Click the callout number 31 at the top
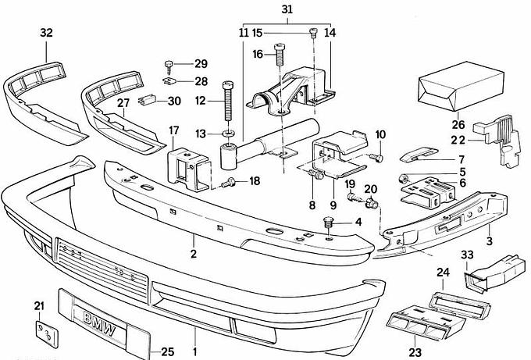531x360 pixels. (287, 9)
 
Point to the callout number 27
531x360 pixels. (123, 103)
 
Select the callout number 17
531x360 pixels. (173, 130)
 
